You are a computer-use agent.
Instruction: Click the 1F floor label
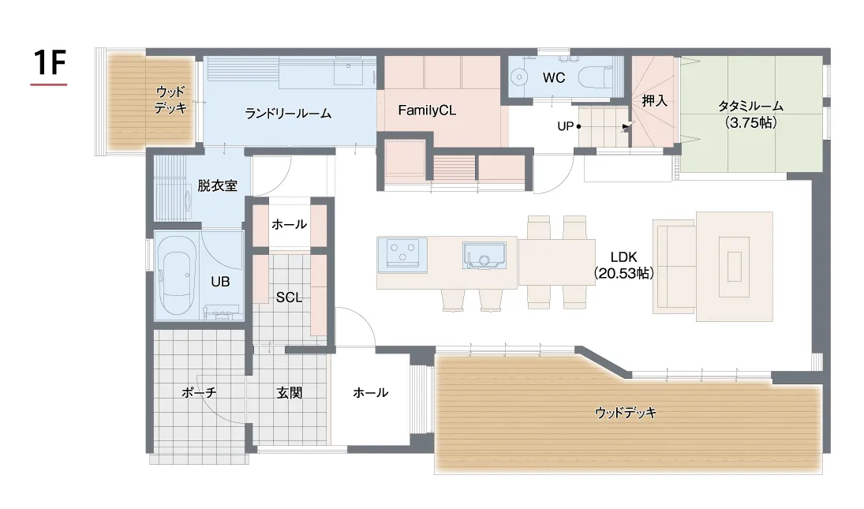50,62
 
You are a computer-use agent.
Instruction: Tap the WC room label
554,77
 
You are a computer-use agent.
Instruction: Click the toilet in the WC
596,77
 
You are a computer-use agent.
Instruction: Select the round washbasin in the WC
518,77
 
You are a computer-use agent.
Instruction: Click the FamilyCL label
427,110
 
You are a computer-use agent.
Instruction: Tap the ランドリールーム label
288,114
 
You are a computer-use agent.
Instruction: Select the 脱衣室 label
217,185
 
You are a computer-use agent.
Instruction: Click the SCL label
289,298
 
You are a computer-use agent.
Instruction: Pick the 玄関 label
290,393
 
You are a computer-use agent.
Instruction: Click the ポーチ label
199,392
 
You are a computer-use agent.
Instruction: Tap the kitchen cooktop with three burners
402,255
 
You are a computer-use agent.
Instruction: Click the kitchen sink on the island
484,256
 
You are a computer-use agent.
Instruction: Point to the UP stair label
565,126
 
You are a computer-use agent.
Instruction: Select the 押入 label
655,101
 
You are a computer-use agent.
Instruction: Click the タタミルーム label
750,106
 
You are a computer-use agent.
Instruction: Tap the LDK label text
624,257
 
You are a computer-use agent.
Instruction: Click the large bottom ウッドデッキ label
626,413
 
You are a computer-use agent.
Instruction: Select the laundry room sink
348,72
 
